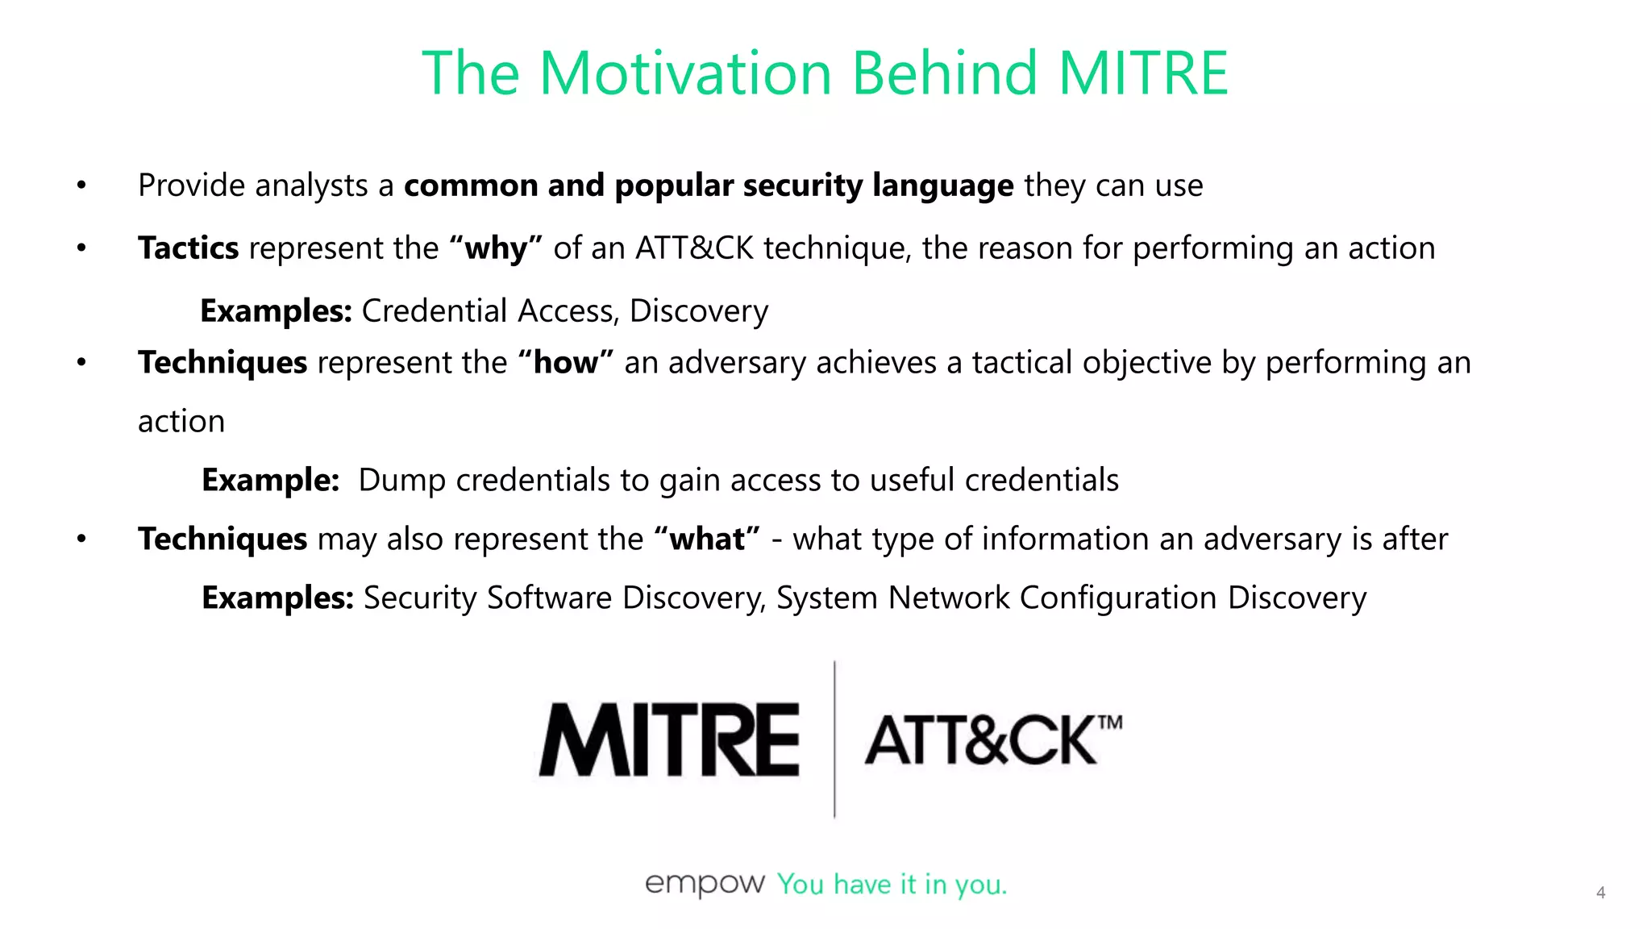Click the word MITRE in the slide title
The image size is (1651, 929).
coord(1143,73)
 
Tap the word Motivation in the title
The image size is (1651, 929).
coord(684,73)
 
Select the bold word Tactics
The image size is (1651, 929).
coord(188,248)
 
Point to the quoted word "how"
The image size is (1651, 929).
coord(566,362)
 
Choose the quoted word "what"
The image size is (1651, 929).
coord(707,539)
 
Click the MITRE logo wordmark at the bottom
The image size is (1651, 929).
coord(669,739)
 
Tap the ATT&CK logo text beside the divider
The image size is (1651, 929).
coord(980,740)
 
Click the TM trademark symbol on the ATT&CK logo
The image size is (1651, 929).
coord(1110,722)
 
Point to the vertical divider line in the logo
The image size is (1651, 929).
coord(834,739)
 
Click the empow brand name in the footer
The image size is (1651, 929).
coord(704,884)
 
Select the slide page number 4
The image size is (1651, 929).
coord(1600,893)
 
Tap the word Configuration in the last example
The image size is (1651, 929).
coord(1117,598)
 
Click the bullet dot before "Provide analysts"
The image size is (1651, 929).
coord(81,185)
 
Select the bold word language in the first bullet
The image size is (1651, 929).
coord(942,185)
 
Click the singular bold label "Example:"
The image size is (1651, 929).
coord(270,480)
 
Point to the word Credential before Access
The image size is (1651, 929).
coord(435,310)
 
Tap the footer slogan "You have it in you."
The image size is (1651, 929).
coord(892,885)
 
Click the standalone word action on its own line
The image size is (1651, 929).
coord(181,421)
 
